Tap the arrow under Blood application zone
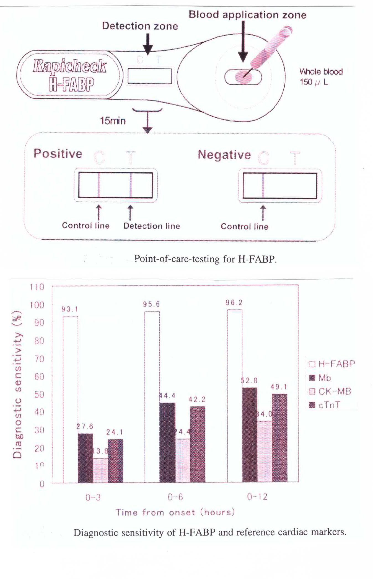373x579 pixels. click(243, 42)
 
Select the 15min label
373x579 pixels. click(113, 121)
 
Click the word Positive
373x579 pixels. click(58, 153)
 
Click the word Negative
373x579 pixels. click(224, 155)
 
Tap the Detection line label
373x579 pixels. click(152, 226)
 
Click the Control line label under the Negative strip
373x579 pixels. click(244, 227)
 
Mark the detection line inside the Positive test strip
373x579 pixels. click(131, 185)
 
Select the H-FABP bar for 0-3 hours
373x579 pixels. click(70, 399)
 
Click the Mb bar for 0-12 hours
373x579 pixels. click(250, 435)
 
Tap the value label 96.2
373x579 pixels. click(234, 303)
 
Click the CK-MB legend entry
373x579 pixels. click(331, 391)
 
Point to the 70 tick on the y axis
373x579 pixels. click(39, 359)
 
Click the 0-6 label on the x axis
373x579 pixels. click(175, 497)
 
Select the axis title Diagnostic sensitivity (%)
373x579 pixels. click(17, 385)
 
